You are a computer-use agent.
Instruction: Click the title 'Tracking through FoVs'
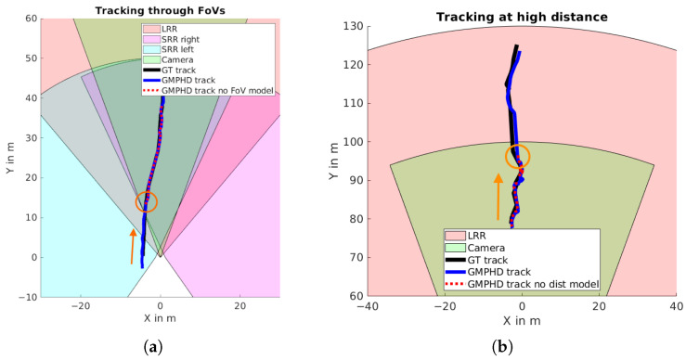[x=160, y=10]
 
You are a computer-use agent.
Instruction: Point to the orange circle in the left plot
[x=146, y=201]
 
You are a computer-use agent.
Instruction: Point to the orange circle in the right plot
[x=518, y=156]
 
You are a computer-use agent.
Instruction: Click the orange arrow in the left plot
[x=134, y=246]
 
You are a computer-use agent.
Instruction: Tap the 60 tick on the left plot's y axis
[x=30, y=19]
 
